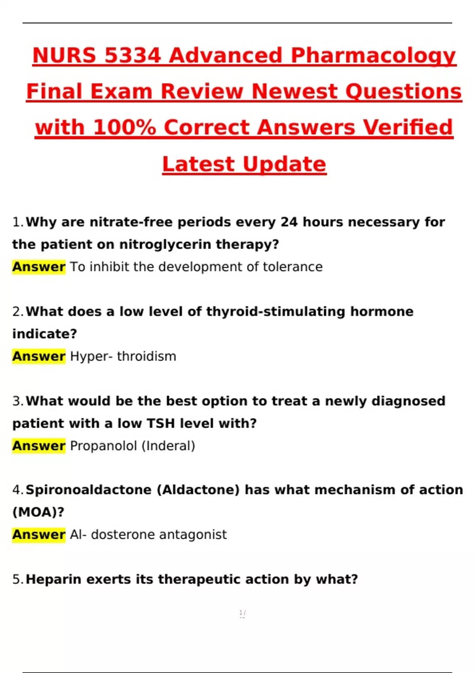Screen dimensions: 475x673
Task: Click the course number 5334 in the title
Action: [x=133, y=55]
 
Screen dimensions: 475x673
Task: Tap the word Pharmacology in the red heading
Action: [x=373, y=56]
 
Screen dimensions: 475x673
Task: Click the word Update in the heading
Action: [x=284, y=164]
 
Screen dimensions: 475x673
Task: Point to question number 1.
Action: [x=18, y=222]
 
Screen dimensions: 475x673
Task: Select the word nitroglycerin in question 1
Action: [x=165, y=245]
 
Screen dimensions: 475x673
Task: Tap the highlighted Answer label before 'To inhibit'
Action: [x=39, y=267]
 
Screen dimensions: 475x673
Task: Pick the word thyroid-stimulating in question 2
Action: [x=275, y=312]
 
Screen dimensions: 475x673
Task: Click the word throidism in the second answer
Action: [x=146, y=356]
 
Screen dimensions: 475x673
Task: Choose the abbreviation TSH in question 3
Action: [x=161, y=424]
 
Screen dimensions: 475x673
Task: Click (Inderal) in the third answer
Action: [x=168, y=446]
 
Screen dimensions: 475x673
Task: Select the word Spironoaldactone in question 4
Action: [x=89, y=490]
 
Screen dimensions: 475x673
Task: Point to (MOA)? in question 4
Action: [x=38, y=512]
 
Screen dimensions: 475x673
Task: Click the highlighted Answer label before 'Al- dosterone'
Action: [x=39, y=535]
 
